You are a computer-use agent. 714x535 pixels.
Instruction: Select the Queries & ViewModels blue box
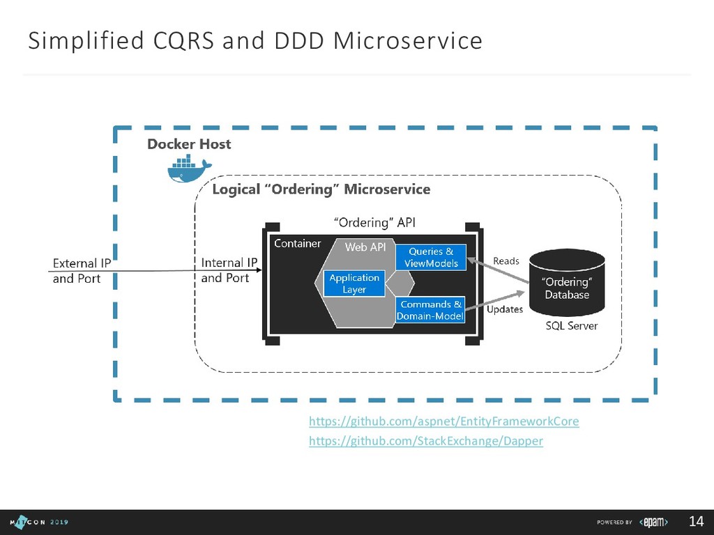431,257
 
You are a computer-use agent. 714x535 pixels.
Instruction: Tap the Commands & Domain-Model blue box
430,310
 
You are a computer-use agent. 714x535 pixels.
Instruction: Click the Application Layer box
354,283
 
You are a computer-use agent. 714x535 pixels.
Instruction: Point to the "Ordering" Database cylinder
566,282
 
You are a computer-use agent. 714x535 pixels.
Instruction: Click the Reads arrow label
506,261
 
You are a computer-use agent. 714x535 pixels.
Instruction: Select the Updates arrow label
504,309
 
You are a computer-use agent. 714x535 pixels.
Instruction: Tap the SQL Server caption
571,325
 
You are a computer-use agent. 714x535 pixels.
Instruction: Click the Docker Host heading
189,144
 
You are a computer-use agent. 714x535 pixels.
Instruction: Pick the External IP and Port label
82,271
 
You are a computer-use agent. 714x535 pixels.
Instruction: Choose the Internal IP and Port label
229,270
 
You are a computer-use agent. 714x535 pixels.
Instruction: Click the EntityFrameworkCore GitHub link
443,421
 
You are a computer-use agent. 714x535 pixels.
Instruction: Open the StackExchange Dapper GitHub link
425,441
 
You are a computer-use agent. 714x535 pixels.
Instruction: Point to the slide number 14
695,522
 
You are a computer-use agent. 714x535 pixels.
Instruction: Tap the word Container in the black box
298,243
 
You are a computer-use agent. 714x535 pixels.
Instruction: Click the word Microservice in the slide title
407,42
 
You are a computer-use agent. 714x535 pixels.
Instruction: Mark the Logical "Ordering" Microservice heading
321,189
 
